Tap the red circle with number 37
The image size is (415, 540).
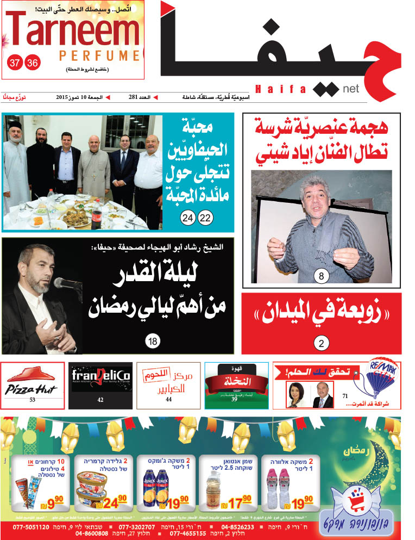point(15,63)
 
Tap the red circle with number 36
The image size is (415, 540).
point(33,63)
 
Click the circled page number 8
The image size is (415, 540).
point(321,277)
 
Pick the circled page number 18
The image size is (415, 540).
point(153,342)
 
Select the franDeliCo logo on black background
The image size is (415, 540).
point(101,376)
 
